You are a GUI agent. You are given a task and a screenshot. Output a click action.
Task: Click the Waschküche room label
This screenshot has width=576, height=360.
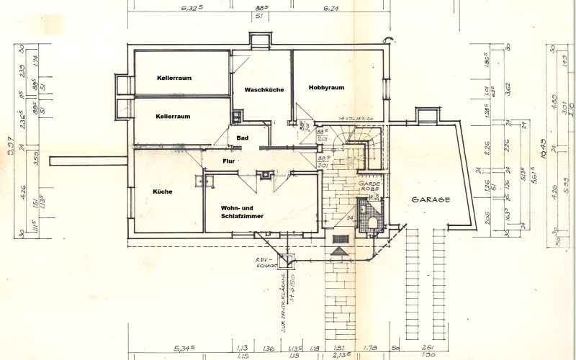coord(264,90)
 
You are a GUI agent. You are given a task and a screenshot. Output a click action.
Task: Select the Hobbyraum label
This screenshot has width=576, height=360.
coord(326,87)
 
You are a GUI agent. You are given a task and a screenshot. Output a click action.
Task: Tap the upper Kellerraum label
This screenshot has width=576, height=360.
coord(174,77)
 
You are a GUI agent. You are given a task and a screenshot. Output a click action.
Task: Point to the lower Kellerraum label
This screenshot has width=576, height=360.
coord(173,116)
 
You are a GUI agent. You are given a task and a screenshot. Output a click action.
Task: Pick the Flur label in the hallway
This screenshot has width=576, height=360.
coord(229,161)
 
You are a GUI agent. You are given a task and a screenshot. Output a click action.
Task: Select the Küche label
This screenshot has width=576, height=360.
coord(163,192)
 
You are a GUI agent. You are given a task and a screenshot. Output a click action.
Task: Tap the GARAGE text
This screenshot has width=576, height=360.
coord(431,199)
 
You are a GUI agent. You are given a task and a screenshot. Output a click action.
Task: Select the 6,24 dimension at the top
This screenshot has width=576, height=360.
coord(331,9)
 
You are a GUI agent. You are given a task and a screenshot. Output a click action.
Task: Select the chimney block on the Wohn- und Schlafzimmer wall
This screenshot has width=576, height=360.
coord(266,174)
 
